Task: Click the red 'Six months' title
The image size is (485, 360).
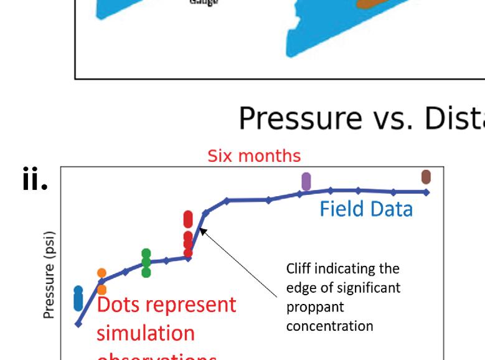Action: (253, 156)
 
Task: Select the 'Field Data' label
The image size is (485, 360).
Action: (365, 209)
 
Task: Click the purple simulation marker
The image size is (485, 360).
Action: (306, 181)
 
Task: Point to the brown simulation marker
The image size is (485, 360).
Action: (426, 177)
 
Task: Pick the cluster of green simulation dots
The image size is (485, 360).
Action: (146, 262)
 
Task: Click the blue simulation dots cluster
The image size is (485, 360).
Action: (78, 298)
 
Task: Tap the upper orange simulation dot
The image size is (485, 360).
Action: (101, 273)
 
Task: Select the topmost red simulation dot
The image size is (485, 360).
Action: (189, 216)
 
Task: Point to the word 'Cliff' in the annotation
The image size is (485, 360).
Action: (297, 270)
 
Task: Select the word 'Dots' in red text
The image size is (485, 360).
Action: (125, 306)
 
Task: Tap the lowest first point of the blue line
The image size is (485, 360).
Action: (78, 324)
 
